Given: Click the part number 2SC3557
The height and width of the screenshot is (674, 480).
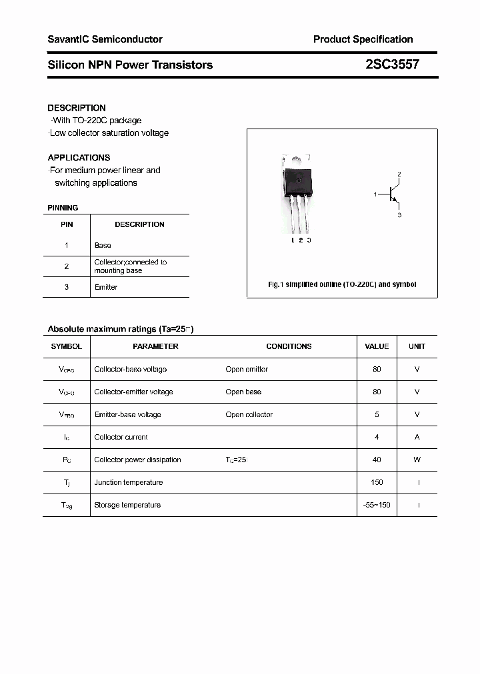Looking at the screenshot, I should (x=392, y=65).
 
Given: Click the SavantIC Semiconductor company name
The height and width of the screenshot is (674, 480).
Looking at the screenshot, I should (x=105, y=39).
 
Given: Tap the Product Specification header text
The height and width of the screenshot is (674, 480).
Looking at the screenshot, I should (x=363, y=39).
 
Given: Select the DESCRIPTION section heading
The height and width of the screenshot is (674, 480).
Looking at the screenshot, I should (x=77, y=108).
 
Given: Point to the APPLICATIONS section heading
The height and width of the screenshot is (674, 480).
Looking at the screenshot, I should (x=79, y=158).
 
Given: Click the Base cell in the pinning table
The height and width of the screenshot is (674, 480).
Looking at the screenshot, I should (x=103, y=246).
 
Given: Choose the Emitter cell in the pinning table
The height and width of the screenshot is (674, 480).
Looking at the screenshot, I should (x=105, y=287).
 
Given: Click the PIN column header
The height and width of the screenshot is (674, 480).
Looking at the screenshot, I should (x=67, y=224).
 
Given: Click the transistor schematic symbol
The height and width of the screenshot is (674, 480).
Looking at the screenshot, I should (x=393, y=194).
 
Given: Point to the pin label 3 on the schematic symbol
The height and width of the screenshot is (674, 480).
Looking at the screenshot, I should (x=399, y=215).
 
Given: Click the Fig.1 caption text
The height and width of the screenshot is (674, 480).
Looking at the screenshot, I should (x=342, y=284).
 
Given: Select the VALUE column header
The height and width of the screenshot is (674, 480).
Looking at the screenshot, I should (x=377, y=346).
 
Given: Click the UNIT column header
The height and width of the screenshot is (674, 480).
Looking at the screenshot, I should (x=417, y=346).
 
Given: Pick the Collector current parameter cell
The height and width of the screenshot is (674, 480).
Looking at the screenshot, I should (x=121, y=437).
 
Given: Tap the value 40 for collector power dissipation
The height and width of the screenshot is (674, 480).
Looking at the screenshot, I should (x=377, y=460).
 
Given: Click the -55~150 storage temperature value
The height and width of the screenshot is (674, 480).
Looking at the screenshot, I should (x=377, y=505).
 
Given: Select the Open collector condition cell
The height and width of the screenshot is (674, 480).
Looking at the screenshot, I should (x=249, y=414).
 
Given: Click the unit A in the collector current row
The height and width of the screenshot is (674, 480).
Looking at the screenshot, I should (x=417, y=437).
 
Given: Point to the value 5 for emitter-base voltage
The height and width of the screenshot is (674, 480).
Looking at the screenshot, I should (x=377, y=414).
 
